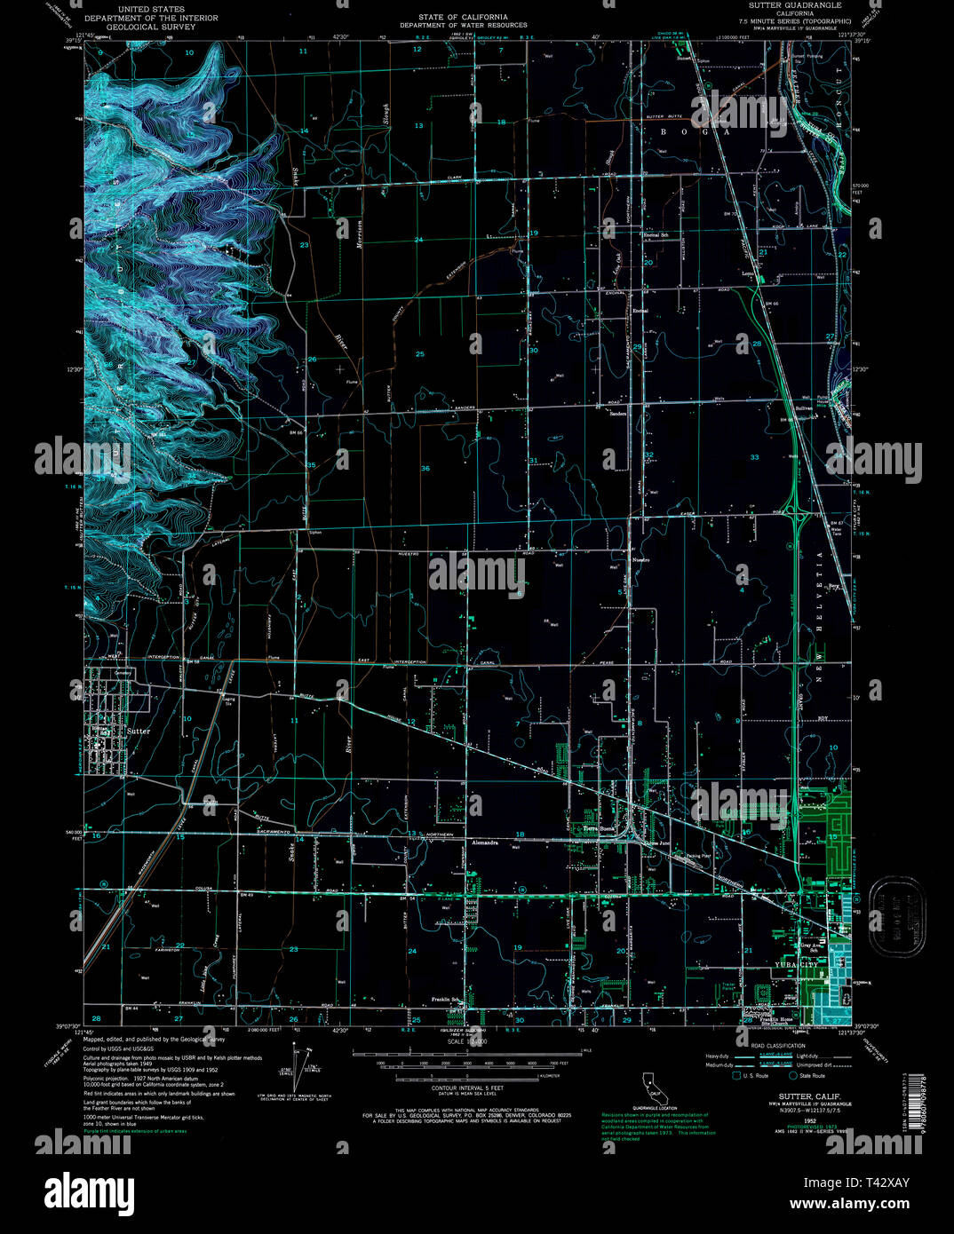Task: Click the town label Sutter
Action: tap(139, 731)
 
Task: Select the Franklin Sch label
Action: tap(445, 1000)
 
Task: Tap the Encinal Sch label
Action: tap(655, 234)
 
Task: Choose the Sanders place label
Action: tap(618, 413)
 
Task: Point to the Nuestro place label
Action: tap(640, 560)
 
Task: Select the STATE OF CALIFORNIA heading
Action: tap(463, 17)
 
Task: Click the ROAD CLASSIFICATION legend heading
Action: tap(779, 1046)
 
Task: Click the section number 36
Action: tap(425, 469)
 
